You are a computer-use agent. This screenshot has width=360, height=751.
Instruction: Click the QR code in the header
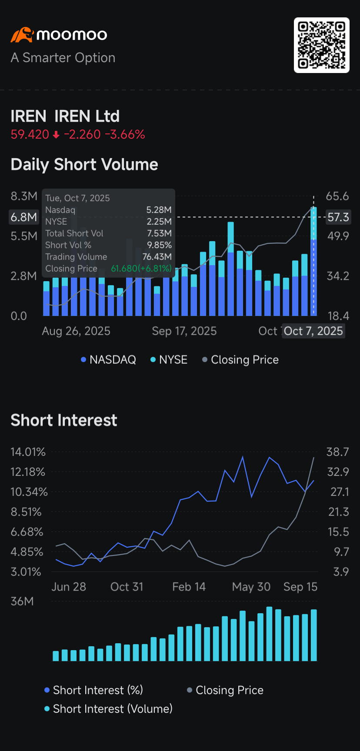(321, 45)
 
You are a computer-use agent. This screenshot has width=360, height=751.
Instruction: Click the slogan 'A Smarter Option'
(63, 58)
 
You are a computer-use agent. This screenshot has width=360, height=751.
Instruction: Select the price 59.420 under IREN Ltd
(30, 134)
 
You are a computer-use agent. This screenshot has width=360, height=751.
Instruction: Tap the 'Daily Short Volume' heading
(84, 165)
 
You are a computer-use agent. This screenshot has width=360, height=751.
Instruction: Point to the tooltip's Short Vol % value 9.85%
(159, 245)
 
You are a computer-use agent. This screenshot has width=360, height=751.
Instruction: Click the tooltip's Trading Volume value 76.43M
(157, 257)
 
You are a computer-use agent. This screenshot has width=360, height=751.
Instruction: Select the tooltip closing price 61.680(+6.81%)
(141, 269)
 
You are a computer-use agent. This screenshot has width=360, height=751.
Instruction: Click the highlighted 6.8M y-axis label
(24, 217)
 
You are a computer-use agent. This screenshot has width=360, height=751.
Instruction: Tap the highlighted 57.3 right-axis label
(338, 217)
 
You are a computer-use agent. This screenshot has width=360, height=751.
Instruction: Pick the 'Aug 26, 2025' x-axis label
(76, 331)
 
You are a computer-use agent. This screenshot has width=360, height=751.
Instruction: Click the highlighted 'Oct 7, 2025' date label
(313, 331)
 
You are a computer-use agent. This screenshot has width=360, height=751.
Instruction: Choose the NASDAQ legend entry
(109, 360)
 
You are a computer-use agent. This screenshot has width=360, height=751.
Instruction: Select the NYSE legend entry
(169, 360)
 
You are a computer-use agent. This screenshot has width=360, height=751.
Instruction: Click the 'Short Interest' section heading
(64, 420)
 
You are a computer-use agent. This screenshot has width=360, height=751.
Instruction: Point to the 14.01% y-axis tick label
(28, 452)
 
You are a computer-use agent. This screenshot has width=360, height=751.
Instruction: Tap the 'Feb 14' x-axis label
(189, 587)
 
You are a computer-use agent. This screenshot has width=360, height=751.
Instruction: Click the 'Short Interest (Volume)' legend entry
(109, 709)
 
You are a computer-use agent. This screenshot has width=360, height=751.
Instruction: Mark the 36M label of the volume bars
(22, 601)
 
